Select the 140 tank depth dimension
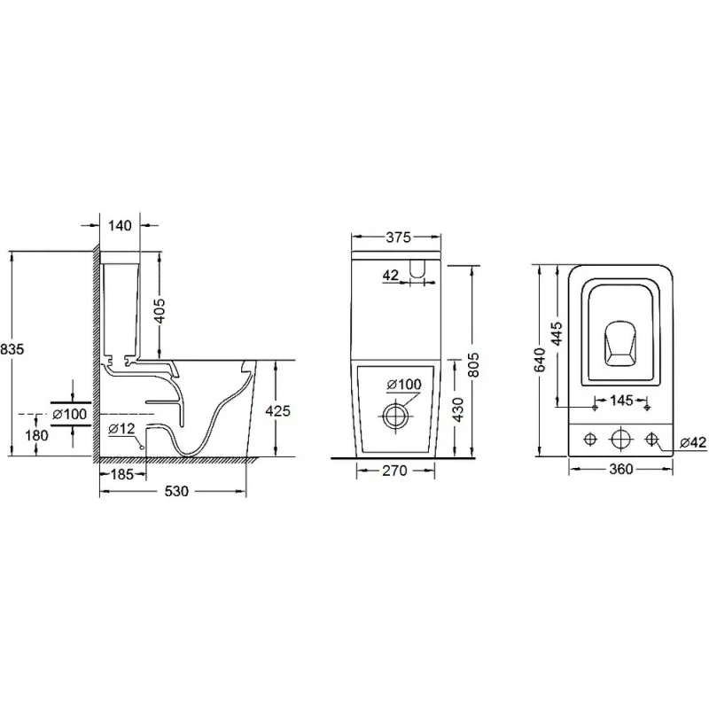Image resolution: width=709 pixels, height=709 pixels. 120,226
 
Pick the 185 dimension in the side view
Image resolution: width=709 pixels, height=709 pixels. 121,474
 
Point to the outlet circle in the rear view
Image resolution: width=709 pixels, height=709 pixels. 395,414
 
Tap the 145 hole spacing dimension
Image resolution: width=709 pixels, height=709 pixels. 622,401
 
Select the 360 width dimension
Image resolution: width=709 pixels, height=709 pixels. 621,470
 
